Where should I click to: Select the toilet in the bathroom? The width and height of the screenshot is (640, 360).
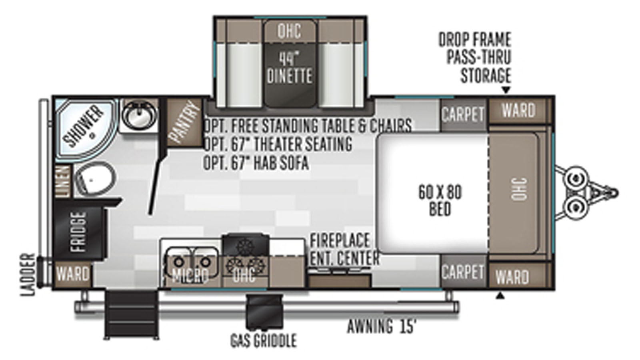(x=95, y=179)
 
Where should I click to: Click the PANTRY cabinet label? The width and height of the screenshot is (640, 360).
(x=184, y=122)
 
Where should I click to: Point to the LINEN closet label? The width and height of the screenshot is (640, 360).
(x=63, y=182)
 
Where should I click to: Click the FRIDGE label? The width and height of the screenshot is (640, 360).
(x=78, y=232)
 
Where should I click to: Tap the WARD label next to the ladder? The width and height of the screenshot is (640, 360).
(x=73, y=274)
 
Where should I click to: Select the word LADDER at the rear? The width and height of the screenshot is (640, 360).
(x=28, y=274)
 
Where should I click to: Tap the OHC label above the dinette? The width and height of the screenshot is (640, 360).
(x=289, y=31)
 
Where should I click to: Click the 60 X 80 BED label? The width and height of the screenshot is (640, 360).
(x=440, y=200)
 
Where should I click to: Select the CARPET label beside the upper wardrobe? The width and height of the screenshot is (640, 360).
(x=463, y=114)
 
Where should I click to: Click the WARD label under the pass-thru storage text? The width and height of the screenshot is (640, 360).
(x=518, y=110)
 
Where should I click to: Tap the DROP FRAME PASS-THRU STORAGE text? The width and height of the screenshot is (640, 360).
(x=475, y=58)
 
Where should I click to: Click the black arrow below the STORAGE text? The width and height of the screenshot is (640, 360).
(x=506, y=90)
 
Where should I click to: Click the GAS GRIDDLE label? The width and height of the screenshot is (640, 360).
(x=264, y=340)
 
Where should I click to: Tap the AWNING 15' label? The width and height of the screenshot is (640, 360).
(x=382, y=326)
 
